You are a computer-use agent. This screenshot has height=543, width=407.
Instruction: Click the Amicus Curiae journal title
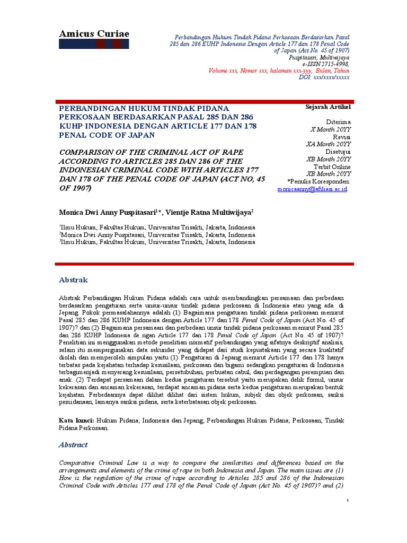coord(93,34)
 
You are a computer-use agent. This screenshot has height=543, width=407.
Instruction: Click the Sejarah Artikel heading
coord(328,107)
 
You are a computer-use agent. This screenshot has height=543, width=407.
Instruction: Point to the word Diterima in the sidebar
coord(338,121)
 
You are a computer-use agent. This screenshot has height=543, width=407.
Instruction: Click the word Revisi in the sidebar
coord(341,136)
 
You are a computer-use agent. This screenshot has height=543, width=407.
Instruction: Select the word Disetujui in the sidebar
coord(338,151)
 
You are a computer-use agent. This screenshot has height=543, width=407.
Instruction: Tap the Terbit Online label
coord(332,166)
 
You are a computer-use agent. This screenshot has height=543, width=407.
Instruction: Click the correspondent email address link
coord(312,189)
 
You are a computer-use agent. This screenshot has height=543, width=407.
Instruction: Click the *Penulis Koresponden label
coord(318,181)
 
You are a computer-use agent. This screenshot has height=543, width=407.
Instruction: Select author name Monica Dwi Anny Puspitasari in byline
coord(108,212)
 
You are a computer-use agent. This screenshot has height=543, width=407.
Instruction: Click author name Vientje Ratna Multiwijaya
coord(209,212)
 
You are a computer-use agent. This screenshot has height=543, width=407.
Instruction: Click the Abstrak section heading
coord(73,280)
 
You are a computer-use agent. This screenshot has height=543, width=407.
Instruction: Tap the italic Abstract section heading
coord(73,445)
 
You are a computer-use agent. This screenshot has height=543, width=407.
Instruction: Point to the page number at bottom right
coord(348,501)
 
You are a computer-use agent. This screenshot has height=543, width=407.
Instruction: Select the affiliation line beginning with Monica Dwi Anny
coord(157,234)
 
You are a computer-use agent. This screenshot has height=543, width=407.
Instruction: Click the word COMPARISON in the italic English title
coord(87,152)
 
